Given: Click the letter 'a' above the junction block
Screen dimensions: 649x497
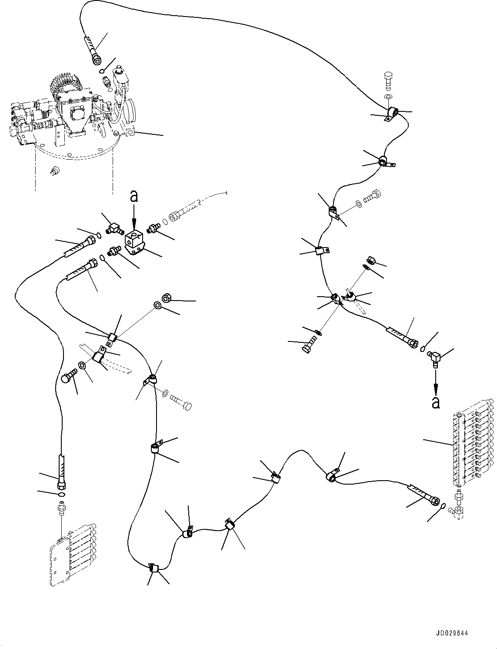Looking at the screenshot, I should tap(134, 197).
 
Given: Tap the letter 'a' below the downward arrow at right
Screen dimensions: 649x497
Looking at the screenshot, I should tap(436, 403).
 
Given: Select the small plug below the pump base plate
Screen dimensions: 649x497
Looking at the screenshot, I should tap(54, 171).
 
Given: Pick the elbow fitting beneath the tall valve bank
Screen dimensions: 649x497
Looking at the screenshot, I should tap(459, 512).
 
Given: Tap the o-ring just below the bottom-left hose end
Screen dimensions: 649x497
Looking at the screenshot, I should tap(61, 495).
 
